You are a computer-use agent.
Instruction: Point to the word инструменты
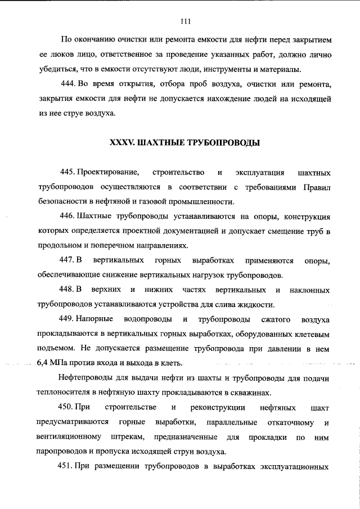tap(227, 70)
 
